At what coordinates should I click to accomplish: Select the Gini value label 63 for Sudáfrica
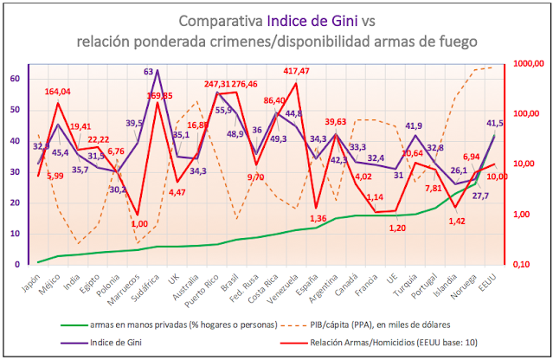click(x=148, y=73)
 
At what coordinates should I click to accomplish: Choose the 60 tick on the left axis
click(x=14, y=79)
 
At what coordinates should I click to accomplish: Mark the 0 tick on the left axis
click(x=16, y=264)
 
